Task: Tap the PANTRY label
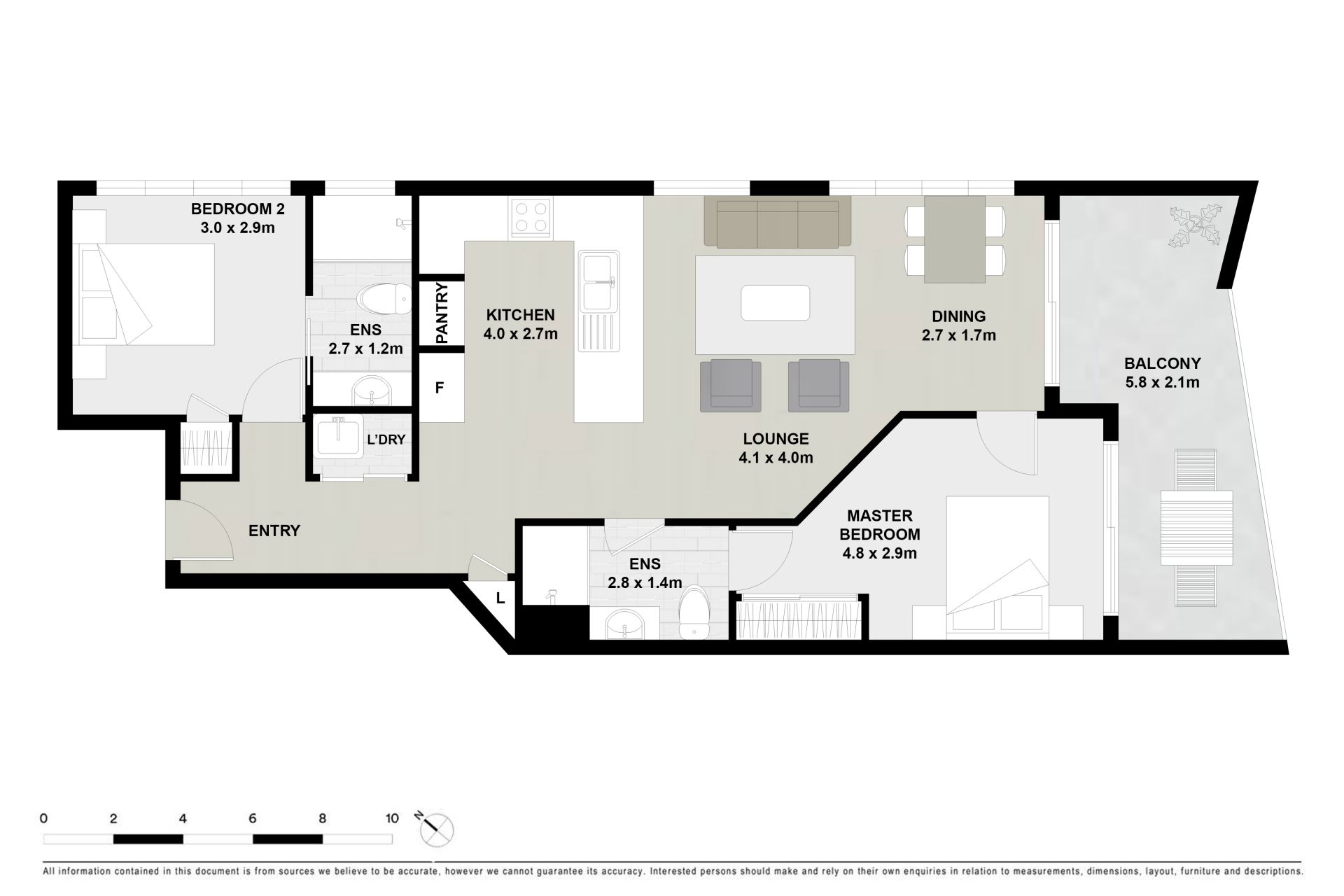click(442, 313)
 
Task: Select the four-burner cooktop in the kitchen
click(530, 216)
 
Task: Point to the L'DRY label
click(386, 440)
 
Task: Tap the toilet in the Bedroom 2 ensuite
click(384, 300)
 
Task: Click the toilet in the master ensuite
click(695, 612)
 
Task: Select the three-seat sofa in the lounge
click(777, 222)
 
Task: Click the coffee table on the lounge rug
click(775, 302)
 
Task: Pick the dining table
click(955, 239)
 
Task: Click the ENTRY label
click(274, 531)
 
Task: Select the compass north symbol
click(437, 830)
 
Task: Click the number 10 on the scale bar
click(392, 818)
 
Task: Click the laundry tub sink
click(339, 437)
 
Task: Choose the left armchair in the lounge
click(731, 385)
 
